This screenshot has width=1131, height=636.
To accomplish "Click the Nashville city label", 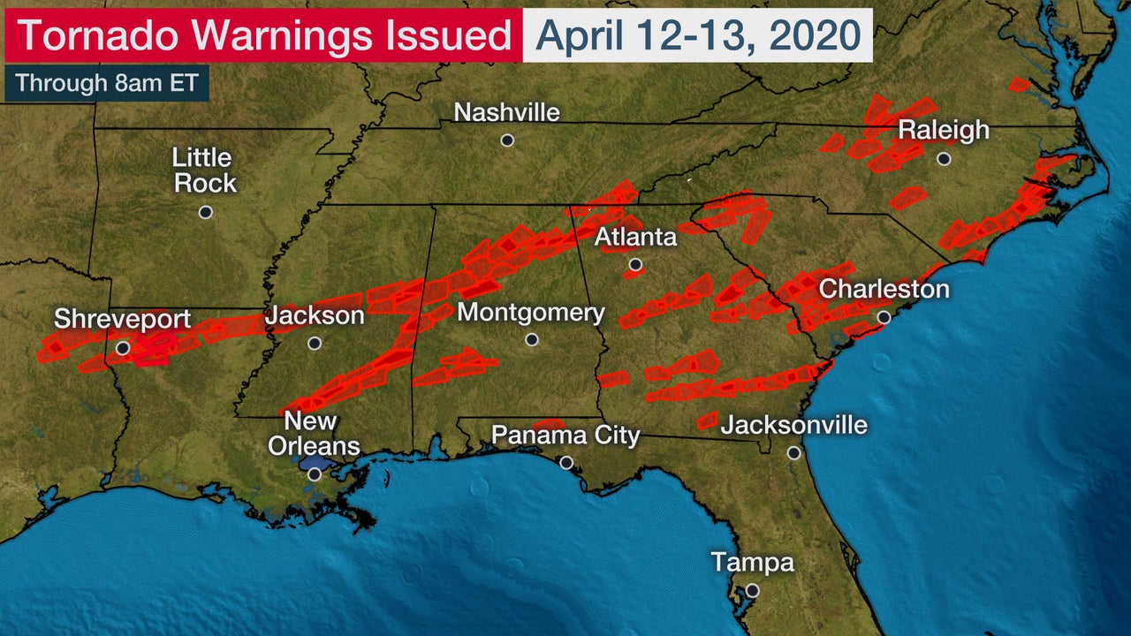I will click(x=506, y=113).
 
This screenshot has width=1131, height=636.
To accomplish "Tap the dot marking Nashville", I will click(x=507, y=140).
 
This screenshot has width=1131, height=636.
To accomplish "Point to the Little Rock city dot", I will click(x=206, y=212).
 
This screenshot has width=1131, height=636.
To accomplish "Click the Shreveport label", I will click(x=122, y=319).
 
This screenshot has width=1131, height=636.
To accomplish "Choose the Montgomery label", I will click(x=531, y=313).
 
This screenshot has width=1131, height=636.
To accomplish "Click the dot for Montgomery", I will click(x=531, y=340).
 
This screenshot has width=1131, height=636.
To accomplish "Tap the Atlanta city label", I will click(x=635, y=237).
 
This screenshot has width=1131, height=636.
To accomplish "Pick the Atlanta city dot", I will click(x=635, y=264).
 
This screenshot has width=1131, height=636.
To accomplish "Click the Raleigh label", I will click(x=944, y=131).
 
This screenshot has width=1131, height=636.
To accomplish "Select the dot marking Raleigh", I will click(x=944, y=159).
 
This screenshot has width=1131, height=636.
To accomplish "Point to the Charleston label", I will click(x=884, y=289).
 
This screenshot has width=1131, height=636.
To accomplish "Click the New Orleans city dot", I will click(x=315, y=474).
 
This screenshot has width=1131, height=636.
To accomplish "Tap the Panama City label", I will click(x=565, y=435).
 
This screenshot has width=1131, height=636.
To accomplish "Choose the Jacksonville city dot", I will click(x=794, y=453).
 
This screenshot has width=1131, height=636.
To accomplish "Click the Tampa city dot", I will click(x=752, y=590).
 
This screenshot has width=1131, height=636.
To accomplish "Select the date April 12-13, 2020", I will click(x=698, y=35).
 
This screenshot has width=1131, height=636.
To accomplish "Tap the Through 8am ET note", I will click(x=106, y=83).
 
